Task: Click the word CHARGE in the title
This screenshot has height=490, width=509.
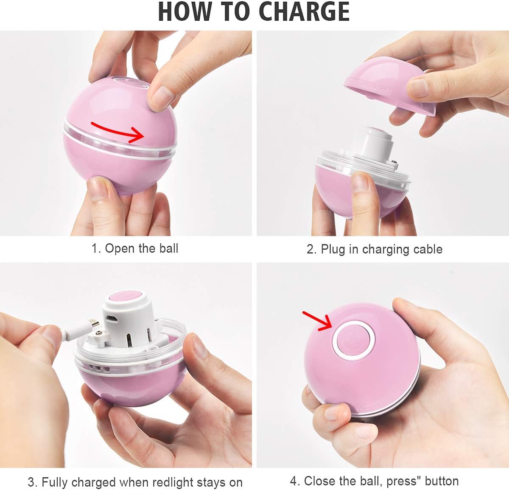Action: (304, 12)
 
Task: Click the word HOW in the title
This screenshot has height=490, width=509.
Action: (184, 12)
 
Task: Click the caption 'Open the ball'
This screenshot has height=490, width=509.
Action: (141, 248)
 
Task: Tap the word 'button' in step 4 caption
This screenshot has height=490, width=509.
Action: (442, 481)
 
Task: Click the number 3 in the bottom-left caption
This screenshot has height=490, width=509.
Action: (31, 482)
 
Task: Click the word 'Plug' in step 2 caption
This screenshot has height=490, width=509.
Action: (333, 249)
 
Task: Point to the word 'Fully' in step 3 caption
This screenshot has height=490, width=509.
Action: (56, 483)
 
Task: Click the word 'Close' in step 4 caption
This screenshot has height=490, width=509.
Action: (321, 481)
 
